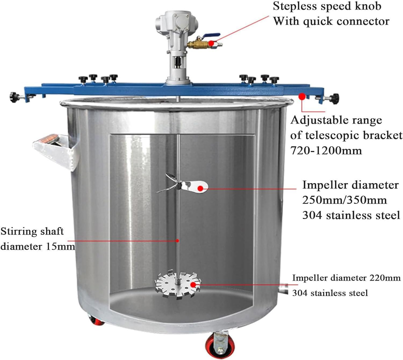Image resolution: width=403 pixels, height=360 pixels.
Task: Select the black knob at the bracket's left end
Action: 13,95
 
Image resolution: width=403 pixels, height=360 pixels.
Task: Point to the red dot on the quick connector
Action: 212,43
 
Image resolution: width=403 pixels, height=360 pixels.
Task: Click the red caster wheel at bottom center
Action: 215,344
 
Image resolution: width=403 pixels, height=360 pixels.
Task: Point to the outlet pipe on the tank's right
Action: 283,290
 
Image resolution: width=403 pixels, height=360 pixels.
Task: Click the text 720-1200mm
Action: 326,151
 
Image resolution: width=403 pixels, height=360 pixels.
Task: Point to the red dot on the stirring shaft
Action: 178,241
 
